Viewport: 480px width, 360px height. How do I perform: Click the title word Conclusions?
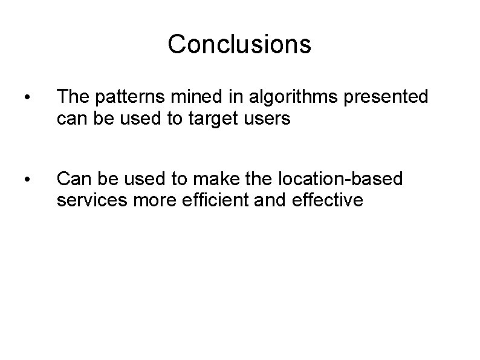(x=239, y=44)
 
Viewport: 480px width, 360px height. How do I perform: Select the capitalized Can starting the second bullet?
(x=71, y=178)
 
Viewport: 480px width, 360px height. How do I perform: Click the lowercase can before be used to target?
(x=70, y=119)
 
